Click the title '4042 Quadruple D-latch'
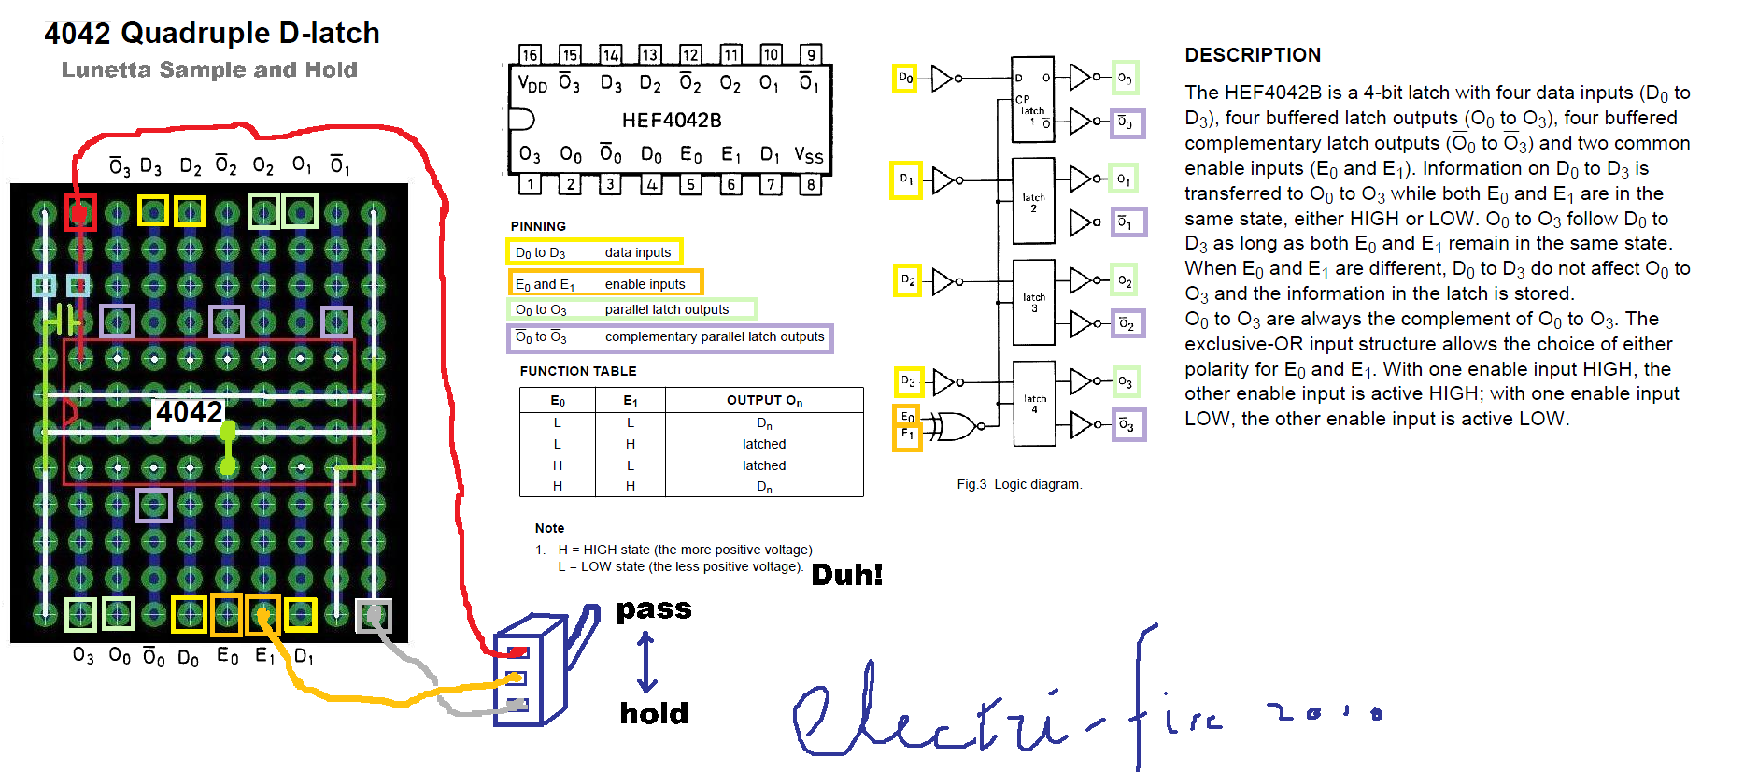(x=212, y=34)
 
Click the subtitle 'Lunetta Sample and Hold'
(x=209, y=70)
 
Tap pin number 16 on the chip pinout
(x=530, y=55)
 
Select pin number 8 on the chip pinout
(x=811, y=184)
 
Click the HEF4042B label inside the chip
(x=672, y=121)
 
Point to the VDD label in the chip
(x=532, y=84)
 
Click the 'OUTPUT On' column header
(x=764, y=400)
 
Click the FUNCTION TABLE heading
(x=578, y=371)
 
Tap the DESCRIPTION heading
(x=1253, y=55)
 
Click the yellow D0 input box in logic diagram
(x=905, y=78)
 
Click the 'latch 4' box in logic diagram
(x=1034, y=403)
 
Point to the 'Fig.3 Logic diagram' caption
(x=1019, y=484)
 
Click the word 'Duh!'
(x=846, y=575)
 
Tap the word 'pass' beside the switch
(x=654, y=609)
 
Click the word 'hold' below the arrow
(x=654, y=713)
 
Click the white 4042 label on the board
(x=189, y=412)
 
